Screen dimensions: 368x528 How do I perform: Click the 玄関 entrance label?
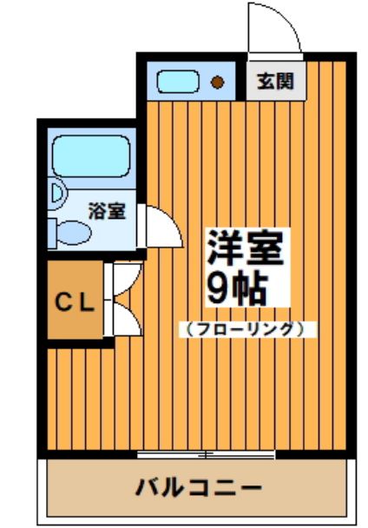(275, 81)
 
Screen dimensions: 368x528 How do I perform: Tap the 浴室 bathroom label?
(107, 211)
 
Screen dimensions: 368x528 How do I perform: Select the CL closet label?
(75, 301)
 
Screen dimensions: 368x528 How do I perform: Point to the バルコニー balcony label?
(198, 487)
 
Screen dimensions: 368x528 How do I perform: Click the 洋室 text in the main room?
(245, 247)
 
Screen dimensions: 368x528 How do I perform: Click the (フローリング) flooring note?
(246, 329)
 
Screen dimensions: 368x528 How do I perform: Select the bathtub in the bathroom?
(92, 156)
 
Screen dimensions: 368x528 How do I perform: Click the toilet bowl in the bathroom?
(74, 233)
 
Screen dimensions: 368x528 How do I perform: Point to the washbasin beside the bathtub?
(58, 195)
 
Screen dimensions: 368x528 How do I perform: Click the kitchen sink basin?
(178, 82)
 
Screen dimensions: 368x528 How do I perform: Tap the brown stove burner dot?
(218, 82)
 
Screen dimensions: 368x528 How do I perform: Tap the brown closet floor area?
(75, 300)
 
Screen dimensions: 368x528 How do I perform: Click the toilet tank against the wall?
(51, 233)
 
